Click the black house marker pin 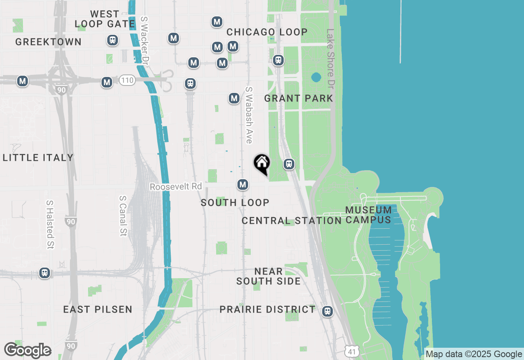pos(262,164)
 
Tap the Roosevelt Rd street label pos(176,187)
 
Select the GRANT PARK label pos(298,98)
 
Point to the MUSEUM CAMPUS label pos(368,215)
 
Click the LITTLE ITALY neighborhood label pos(38,157)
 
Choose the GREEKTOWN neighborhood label pos(48,42)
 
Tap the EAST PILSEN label pos(97,309)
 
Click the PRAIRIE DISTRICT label pos(267,309)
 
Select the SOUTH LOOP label pos(235,202)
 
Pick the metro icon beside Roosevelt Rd pos(243,185)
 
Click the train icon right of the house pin pos(289,164)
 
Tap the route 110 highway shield pos(127,80)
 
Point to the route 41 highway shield pos(352,351)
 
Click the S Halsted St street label pos(50,225)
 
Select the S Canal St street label pos(122,216)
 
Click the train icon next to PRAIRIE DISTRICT pos(327,311)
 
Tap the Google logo pos(27,351)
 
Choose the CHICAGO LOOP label pos(267,32)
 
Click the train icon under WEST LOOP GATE pos(112,40)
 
